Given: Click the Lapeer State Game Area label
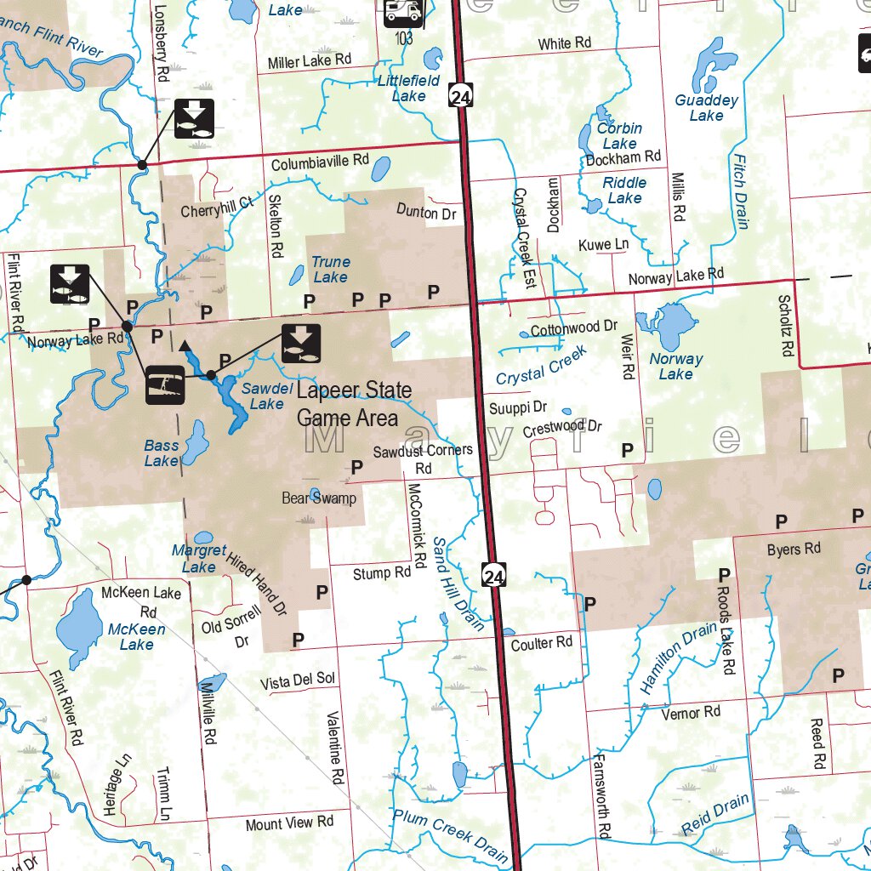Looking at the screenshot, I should point(354,404).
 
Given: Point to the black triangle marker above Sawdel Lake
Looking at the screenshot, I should point(185,346).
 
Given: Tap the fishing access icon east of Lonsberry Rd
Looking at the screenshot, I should point(194,118).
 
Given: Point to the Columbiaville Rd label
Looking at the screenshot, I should point(320,162).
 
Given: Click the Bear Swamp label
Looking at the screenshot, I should point(319,498).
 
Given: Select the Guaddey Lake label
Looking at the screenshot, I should point(706,108).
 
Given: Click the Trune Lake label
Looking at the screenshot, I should point(330,270).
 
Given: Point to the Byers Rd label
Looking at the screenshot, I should point(794,549).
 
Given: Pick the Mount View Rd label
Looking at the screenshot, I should point(289,823).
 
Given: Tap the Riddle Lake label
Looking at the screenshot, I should point(624,191).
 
